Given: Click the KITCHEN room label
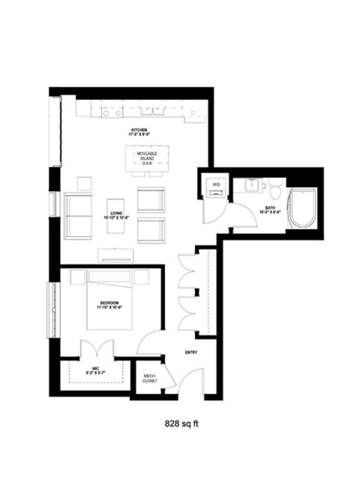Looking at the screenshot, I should pyautogui.click(x=139, y=130).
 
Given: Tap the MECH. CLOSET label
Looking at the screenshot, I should pyautogui.click(x=149, y=377).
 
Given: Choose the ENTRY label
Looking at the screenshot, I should pyautogui.click(x=191, y=353).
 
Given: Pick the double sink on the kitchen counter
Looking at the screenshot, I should pyautogui.click(x=152, y=112).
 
